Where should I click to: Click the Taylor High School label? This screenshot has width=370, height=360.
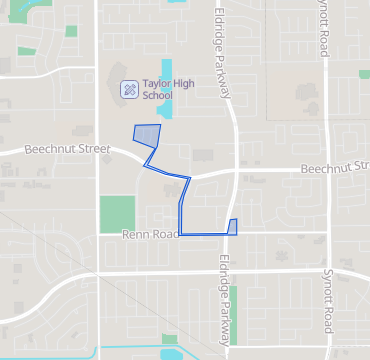pyautogui.click(x=157, y=91)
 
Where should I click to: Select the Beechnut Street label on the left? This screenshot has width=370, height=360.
pyautogui.click(x=67, y=149)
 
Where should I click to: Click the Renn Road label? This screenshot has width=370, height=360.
pyautogui.click(x=149, y=235)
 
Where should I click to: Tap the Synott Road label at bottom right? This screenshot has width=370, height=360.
pyautogui.click(x=327, y=299)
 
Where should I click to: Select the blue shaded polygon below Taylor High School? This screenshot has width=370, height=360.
pyautogui.click(x=147, y=135)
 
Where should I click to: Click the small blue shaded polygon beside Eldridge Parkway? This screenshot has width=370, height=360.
pyautogui.click(x=233, y=227)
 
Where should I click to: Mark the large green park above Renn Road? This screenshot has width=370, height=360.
pyautogui.click(x=116, y=213)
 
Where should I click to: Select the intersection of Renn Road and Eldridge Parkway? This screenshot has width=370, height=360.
pyautogui.click(x=234, y=235)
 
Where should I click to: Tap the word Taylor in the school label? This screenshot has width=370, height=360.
pyautogui.click(x=158, y=85)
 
